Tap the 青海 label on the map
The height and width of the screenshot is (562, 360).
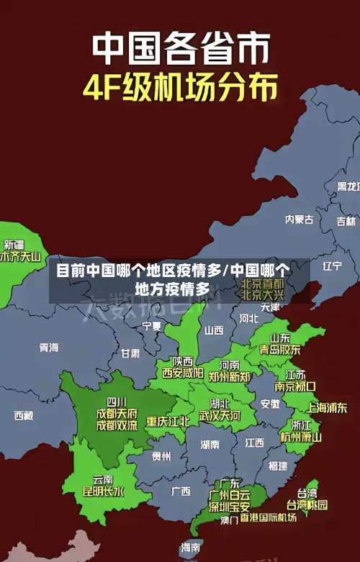click(x=49, y=348)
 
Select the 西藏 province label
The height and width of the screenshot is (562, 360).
click(x=24, y=415)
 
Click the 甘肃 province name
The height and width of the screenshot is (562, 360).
click(x=130, y=353)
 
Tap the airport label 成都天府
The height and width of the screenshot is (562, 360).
click(x=117, y=413)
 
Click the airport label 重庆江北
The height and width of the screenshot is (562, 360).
click(x=168, y=421)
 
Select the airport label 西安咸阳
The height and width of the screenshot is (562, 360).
click(x=182, y=373)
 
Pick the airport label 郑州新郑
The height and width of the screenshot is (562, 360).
click(x=230, y=376)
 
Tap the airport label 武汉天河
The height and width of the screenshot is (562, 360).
click(x=220, y=416)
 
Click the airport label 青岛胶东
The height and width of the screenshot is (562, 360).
click(x=280, y=349)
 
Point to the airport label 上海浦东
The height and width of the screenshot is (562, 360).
click(x=327, y=407)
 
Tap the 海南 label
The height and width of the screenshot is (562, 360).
click(x=191, y=548)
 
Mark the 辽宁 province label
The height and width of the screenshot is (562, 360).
click(x=332, y=266)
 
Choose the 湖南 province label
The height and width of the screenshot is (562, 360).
click(x=210, y=445)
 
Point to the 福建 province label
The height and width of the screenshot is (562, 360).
click(x=277, y=466)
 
